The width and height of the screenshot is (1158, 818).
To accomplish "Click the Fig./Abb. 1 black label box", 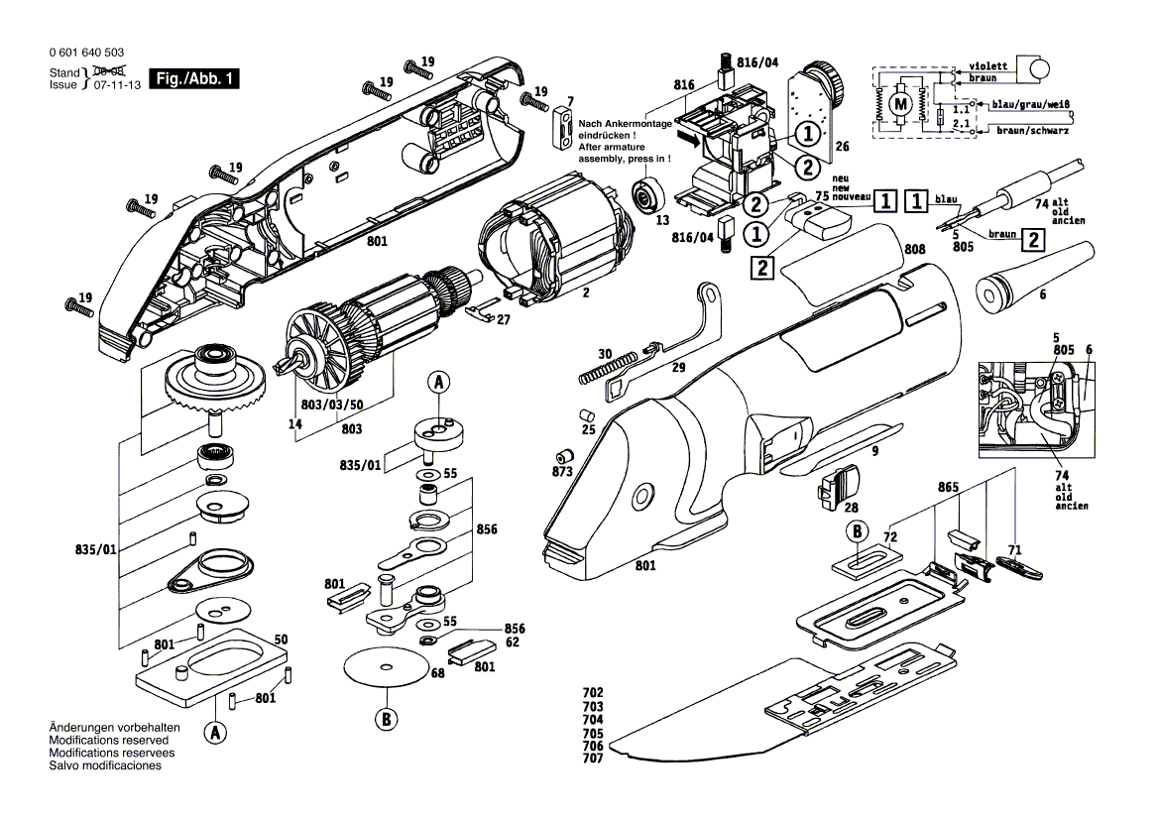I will (193, 78).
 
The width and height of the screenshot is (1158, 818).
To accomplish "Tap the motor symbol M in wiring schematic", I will (901, 103).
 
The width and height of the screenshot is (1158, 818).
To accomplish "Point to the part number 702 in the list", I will (593, 693).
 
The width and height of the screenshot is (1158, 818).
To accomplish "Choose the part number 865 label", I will (948, 488).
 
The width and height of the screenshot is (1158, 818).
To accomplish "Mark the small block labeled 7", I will (562, 127).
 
